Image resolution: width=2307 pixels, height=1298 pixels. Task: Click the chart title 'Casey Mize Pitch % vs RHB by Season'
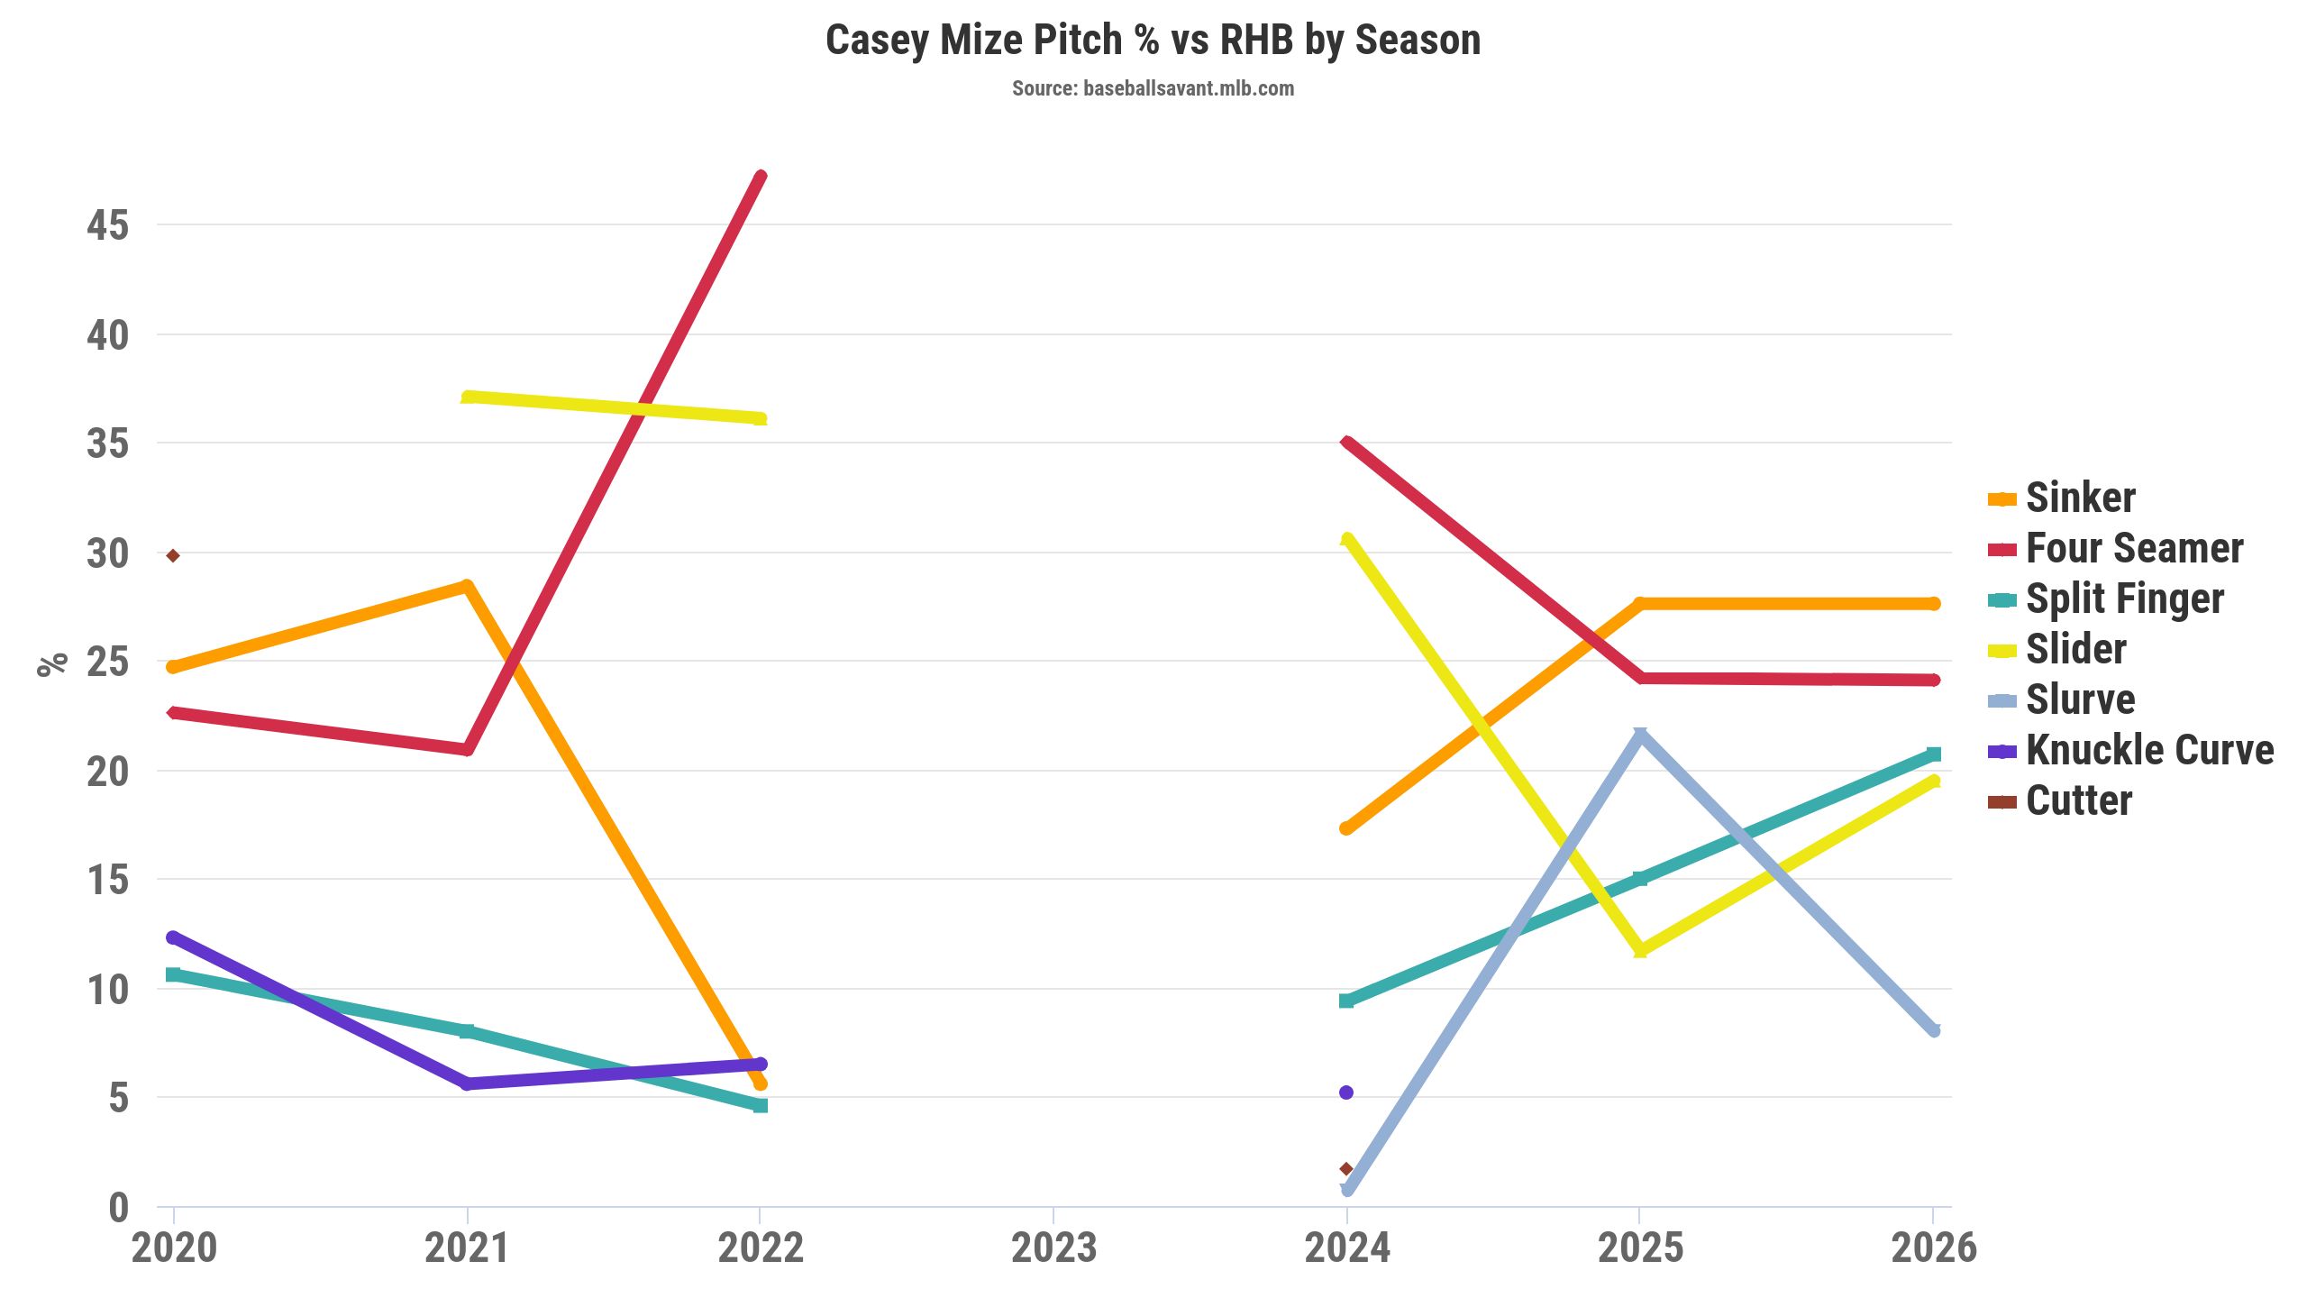(1153, 41)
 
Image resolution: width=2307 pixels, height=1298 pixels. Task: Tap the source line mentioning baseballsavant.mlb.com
(1153, 88)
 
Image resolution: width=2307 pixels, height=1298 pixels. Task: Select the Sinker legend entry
(2080, 498)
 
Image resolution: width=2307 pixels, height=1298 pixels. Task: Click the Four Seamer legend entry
(2134, 549)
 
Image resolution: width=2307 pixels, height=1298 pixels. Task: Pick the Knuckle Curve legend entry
(2149, 751)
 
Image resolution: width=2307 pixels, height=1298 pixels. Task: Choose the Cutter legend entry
(2078, 801)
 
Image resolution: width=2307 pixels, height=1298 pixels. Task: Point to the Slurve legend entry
(2080, 700)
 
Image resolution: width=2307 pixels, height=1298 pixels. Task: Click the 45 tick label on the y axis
(108, 225)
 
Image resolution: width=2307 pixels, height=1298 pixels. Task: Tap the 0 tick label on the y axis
(118, 1208)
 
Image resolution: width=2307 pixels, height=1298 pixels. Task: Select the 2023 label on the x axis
(1053, 1248)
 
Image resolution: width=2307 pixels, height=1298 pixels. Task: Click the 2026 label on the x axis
(1933, 1248)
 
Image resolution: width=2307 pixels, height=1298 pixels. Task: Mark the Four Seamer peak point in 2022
(761, 177)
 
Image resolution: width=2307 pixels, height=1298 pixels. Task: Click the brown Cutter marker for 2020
(173, 555)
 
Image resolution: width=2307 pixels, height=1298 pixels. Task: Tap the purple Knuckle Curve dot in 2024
(1346, 1092)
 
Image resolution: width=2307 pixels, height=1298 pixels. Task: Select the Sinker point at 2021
(467, 587)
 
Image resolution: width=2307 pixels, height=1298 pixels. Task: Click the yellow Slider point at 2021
(468, 397)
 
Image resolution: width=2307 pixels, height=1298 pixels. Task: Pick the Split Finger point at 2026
(1933, 754)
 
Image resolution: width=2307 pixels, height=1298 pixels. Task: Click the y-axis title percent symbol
(52, 663)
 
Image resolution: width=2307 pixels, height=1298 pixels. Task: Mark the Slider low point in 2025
(1640, 950)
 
